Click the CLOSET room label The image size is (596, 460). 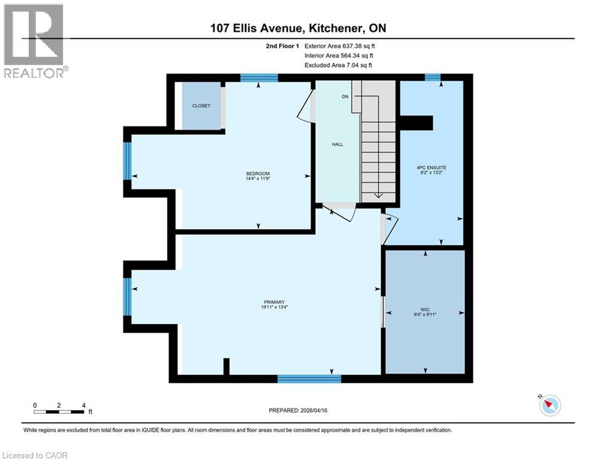pos(201,105)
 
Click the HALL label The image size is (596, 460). pos(337,144)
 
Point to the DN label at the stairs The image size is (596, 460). pos(346,96)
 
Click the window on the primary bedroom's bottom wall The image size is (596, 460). pos(309,379)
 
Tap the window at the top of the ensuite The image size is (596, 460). pos(432,77)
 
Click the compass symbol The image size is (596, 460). pos(549,405)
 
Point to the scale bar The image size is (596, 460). pos(59,411)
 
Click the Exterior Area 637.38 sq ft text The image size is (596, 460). pos(340,46)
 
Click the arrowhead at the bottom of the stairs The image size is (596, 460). pos(378,195)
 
